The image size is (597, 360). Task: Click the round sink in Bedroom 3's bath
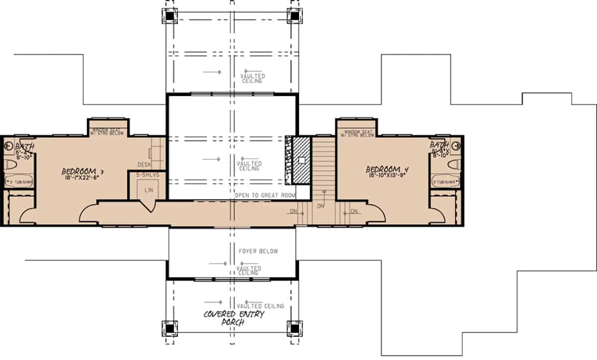(8, 146)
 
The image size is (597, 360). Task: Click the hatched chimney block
(301, 161)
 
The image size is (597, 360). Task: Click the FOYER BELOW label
(258, 251)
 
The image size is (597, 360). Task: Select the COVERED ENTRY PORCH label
(233, 318)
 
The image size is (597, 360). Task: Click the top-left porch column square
(170, 15)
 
